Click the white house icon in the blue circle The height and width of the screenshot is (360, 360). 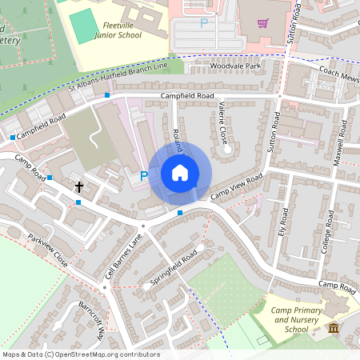click(x=180, y=173)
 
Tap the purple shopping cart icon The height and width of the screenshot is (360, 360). click(x=263, y=22)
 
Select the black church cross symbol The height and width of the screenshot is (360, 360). click(x=79, y=186)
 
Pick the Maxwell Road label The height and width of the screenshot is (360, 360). click(x=340, y=140)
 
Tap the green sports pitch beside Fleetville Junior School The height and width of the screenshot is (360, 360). click(x=82, y=26)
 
